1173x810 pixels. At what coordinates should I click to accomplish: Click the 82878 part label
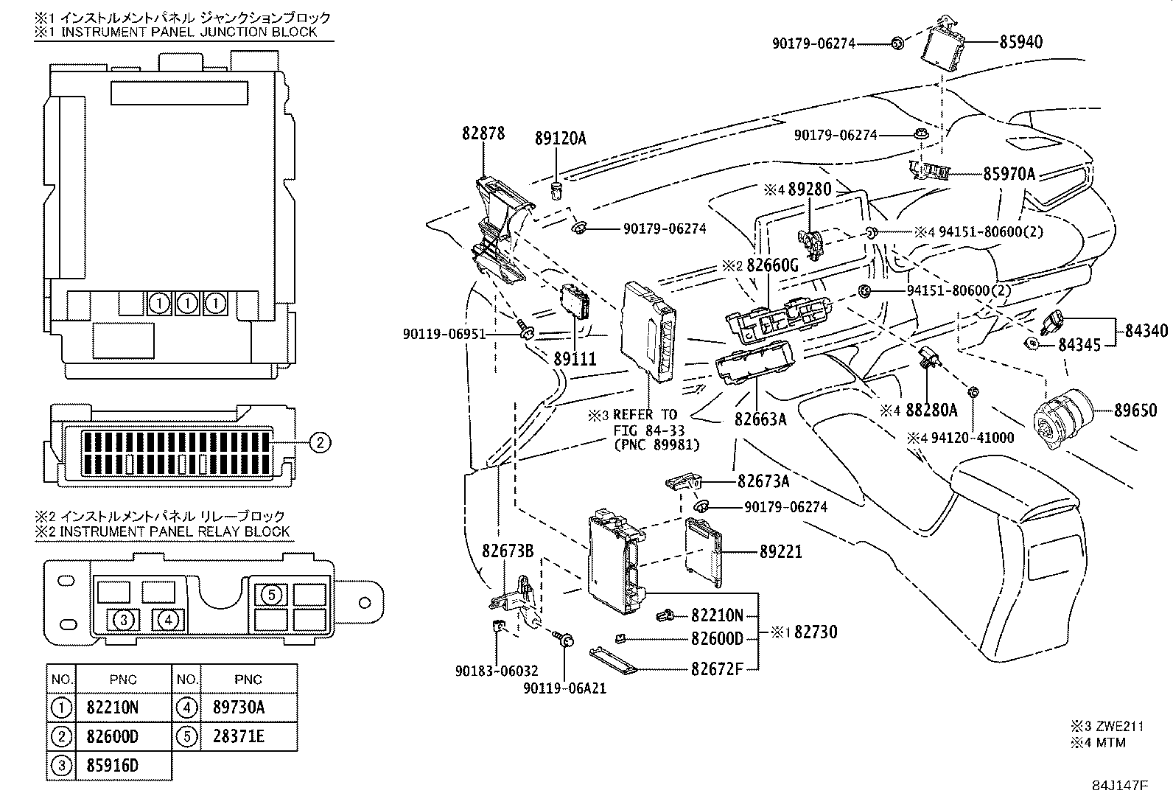[x=483, y=133]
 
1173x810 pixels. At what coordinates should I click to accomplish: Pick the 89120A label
[x=560, y=138]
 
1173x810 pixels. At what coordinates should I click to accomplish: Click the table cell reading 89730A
[x=238, y=708]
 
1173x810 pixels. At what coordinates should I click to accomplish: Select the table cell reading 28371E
[x=238, y=736]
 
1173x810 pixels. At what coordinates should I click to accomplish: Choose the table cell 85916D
[x=112, y=766]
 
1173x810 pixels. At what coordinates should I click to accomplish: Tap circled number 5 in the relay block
[x=271, y=594]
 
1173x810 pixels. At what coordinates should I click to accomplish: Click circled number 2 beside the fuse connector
[x=319, y=442]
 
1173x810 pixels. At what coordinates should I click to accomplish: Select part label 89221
[x=781, y=551]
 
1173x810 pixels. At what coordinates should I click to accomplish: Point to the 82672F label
[x=717, y=669]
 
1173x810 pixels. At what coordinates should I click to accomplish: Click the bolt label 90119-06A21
[x=564, y=689]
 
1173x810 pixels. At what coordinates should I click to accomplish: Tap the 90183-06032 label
[x=496, y=671]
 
